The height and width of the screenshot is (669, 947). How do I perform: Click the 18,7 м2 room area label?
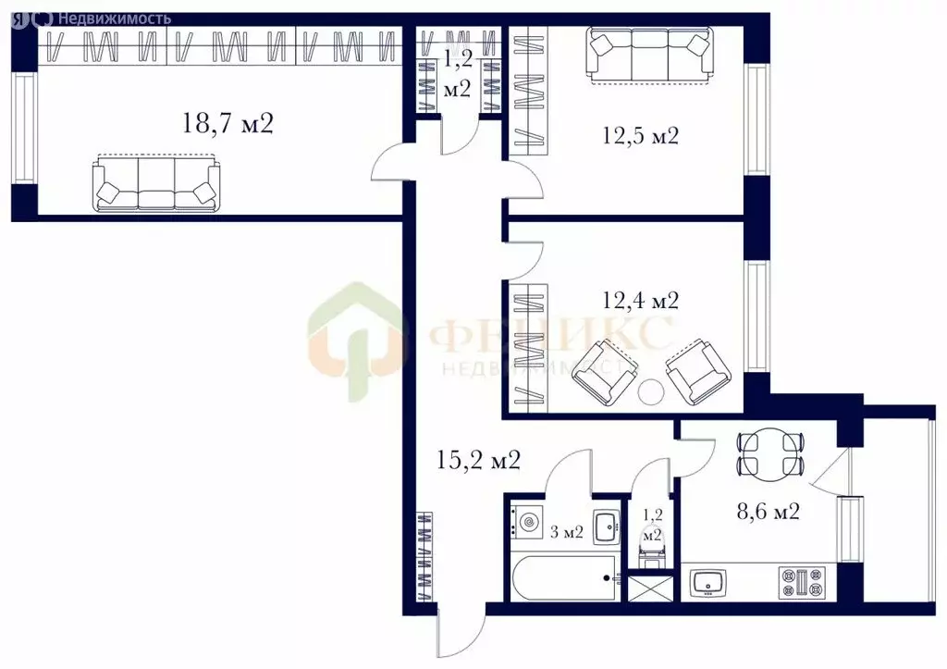pos(228,124)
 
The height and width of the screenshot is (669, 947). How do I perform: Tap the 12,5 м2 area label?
pos(640,135)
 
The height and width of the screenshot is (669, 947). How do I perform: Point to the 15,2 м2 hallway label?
pos(478,461)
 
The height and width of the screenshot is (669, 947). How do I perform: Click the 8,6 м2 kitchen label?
pos(769,512)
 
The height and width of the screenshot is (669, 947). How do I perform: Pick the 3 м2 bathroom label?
pos(567,532)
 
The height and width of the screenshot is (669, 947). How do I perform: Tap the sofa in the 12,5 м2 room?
pos(649,56)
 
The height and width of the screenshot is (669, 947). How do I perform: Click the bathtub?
pos(564,577)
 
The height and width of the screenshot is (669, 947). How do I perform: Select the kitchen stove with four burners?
pos(803,583)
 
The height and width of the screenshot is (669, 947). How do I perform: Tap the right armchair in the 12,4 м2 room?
pos(698,372)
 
